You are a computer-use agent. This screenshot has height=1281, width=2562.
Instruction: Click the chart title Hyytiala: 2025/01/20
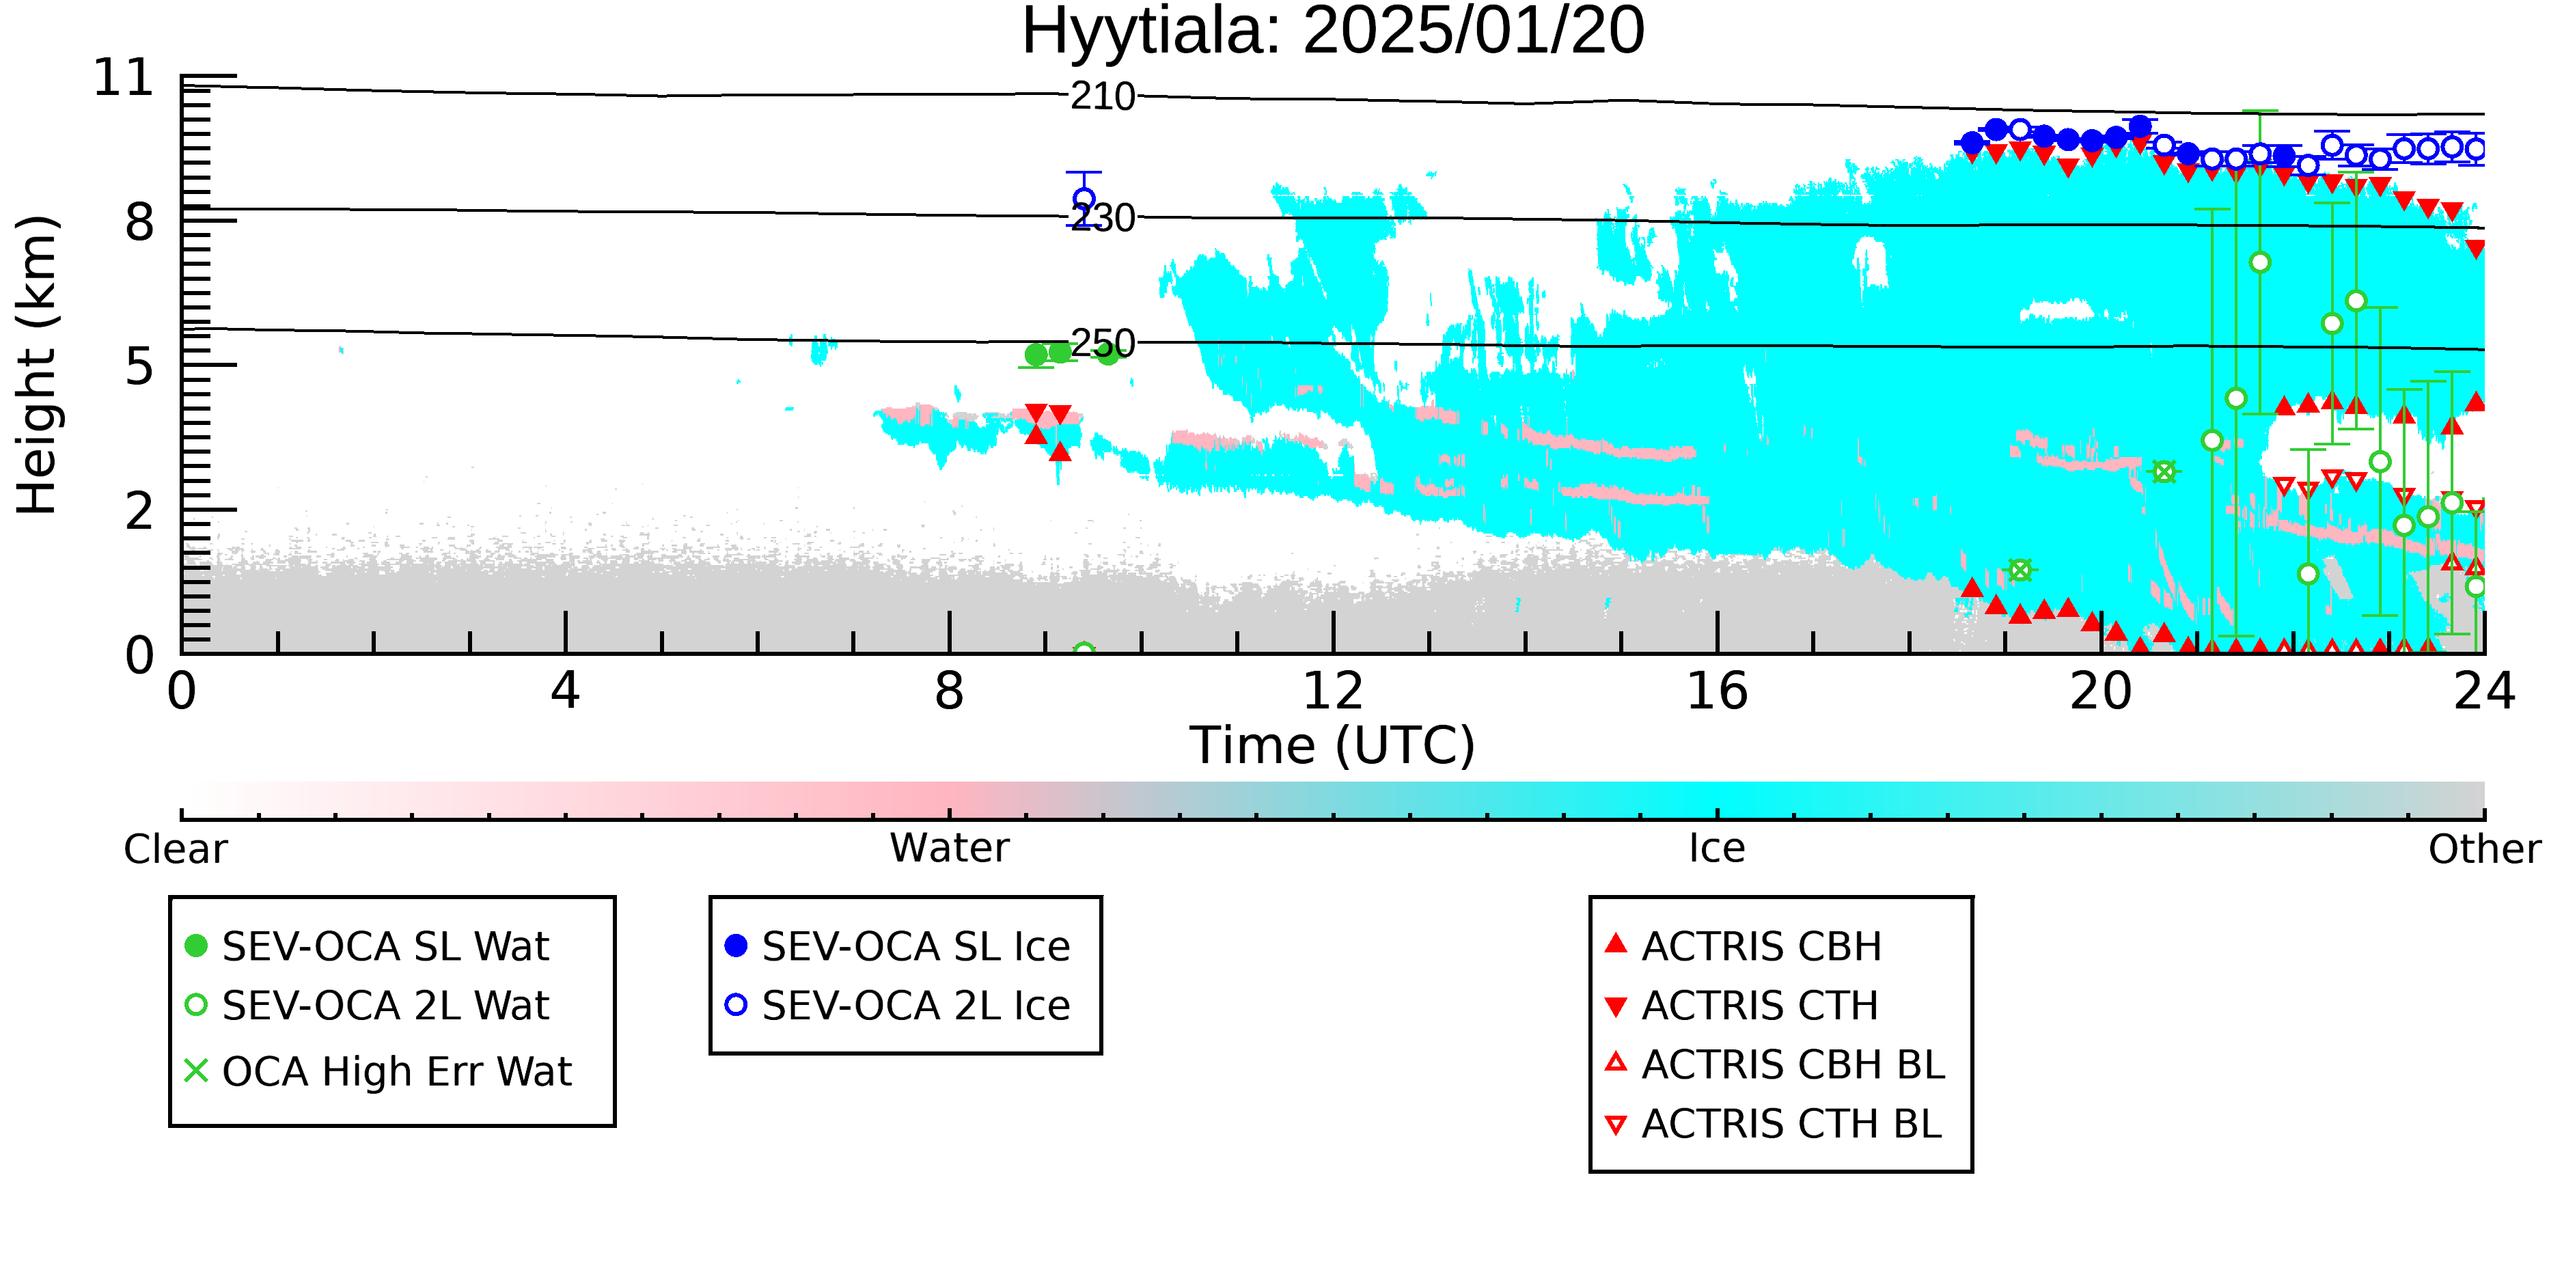pos(1333,32)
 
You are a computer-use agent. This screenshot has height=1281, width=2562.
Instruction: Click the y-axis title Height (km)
pos(38,365)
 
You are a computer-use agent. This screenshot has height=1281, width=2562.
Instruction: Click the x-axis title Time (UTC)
pos(1333,746)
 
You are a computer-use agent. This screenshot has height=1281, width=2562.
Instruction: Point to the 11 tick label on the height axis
pos(124,78)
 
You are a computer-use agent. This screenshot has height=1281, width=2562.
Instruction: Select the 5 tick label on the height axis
pos(140,367)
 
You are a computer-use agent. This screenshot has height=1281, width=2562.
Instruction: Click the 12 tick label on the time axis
pos(1333,691)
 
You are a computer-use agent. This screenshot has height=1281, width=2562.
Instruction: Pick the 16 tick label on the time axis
pos(1717,691)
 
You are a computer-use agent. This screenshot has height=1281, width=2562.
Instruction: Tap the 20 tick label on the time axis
pos(2101,691)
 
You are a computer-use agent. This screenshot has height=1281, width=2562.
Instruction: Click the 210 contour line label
pos(1103,96)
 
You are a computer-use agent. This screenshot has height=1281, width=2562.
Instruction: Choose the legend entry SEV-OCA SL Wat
pos(368,946)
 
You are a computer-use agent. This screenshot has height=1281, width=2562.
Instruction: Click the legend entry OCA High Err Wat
pos(378,1071)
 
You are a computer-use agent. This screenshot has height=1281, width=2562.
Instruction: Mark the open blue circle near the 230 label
pos(1085,199)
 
